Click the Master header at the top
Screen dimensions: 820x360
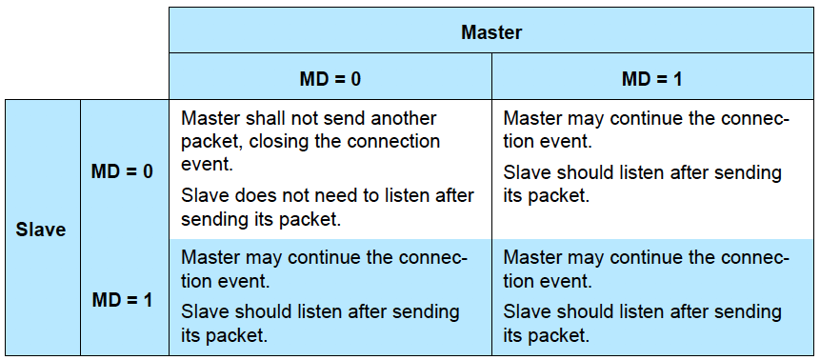click(x=491, y=32)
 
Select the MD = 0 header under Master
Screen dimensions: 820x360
click(x=330, y=79)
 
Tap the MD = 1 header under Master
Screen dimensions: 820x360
click(x=651, y=79)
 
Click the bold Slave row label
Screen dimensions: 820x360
click(x=41, y=230)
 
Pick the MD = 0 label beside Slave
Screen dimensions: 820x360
click(x=122, y=171)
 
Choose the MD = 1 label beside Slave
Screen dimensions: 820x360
click(x=122, y=300)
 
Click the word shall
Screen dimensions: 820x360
click(x=264, y=118)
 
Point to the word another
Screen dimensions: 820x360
click(x=403, y=118)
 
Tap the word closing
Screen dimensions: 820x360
click(x=276, y=142)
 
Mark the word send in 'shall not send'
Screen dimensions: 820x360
click(x=344, y=118)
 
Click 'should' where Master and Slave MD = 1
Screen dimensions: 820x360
click(x=582, y=311)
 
